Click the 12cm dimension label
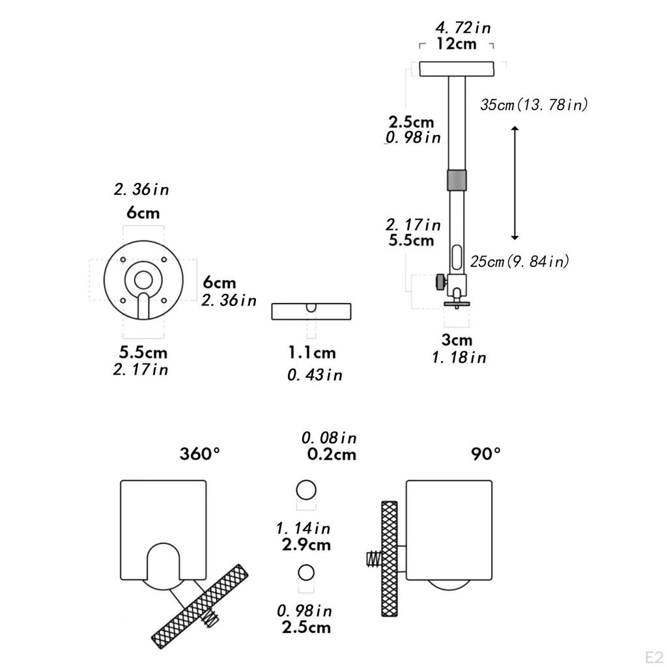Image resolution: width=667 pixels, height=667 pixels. (x=457, y=44)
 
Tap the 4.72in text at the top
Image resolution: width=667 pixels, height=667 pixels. (x=463, y=28)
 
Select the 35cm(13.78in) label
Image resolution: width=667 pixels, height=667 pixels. (x=534, y=105)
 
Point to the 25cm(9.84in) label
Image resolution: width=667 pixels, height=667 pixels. (x=519, y=261)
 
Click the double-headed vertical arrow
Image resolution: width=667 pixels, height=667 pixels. (x=515, y=183)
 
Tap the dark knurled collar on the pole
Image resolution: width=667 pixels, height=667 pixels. (x=457, y=180)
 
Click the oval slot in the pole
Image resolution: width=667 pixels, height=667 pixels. (x=457, y=257)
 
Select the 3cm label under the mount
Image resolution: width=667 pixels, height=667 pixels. (x=457, y=340)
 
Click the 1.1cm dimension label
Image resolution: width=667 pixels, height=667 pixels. (x=312, y=352)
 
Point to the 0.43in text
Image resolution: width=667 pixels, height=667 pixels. (x=315, y=375)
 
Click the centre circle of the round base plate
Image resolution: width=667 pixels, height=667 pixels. (x=143, y=280)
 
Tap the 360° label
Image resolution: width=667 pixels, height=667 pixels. (x=199, y=454)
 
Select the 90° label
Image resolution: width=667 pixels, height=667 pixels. (x=486, y=454)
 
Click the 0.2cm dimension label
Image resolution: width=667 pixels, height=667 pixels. (x=332, y=454)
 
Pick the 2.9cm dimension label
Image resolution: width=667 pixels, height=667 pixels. (x=306, y=545)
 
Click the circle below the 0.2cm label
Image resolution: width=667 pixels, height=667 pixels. (x=306, y=490)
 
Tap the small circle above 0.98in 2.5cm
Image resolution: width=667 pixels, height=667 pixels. (x=306, y=573)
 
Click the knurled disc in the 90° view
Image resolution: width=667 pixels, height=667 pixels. (x=390, y=558)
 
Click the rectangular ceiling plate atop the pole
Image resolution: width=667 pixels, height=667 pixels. (x=457, y=69)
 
